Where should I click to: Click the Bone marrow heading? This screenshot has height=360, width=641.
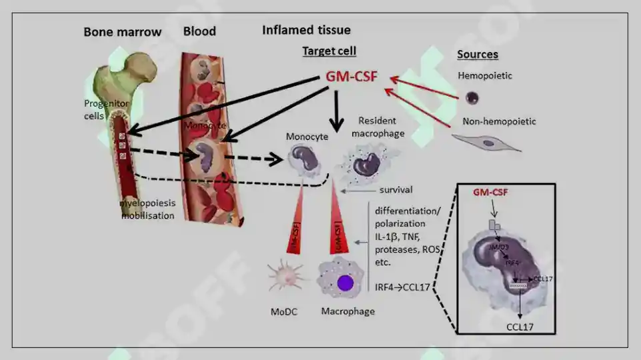pyautogui.click(x=123, y=32)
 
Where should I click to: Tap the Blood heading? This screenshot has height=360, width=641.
pyautogui.click(x=199, y=31)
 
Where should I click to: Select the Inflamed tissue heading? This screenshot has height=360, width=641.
pyautogui.click(x=306, y=30)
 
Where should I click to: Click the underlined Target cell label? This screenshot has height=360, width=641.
pyautogui.click(x=329, y=51)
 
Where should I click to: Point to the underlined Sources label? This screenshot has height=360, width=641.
pyautogui.click(x=478, y=55)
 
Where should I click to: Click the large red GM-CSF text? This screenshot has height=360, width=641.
pyautogui.click(x=352, y=77)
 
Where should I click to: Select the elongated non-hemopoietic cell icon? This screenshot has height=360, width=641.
pyautogui.click(x=486, y=142)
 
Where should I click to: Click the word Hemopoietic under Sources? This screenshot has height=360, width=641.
pyautogui.click(x=485, y=76)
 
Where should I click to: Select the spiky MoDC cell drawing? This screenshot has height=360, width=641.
pyautogui.click(x=285, y=277)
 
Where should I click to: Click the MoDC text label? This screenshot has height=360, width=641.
pyautogui.click(x=285, y=311)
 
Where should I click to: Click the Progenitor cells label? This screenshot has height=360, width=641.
pyautogui.click(x=105, y=109)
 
